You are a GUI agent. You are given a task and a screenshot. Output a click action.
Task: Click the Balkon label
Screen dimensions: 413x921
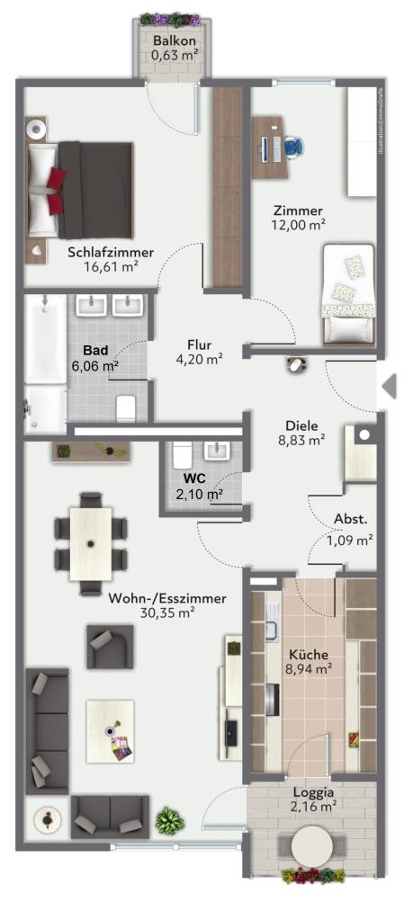(175, 41)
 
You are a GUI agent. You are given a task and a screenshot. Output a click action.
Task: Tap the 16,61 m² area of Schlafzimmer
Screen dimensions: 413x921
(111, 267)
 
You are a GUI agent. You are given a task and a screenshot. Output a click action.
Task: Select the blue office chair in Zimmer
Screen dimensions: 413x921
(293, 146)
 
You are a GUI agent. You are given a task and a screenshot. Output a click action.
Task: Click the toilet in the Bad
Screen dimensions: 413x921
(126, 407)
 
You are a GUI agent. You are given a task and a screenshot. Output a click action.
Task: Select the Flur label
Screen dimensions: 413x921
(199, 344)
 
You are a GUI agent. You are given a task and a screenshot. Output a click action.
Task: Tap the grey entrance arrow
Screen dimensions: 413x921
(389, 387)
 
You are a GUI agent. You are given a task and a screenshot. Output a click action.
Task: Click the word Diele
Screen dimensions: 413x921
(298, 425)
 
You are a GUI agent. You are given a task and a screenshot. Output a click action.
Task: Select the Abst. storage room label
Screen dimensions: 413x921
(351, 519)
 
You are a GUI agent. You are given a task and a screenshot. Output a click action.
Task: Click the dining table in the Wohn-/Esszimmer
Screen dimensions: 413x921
(91, 543)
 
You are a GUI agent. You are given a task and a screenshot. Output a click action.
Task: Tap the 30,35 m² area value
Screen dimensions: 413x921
(167, 613)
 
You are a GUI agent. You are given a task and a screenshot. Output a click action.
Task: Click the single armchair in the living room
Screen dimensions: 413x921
(110, 646)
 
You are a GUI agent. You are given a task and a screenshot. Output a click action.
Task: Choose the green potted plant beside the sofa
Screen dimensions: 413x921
(170, 820)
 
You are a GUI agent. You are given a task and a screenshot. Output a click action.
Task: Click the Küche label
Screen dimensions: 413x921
(309, 655)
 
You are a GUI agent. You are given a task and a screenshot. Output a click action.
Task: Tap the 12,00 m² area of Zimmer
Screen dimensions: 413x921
(299, 224)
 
